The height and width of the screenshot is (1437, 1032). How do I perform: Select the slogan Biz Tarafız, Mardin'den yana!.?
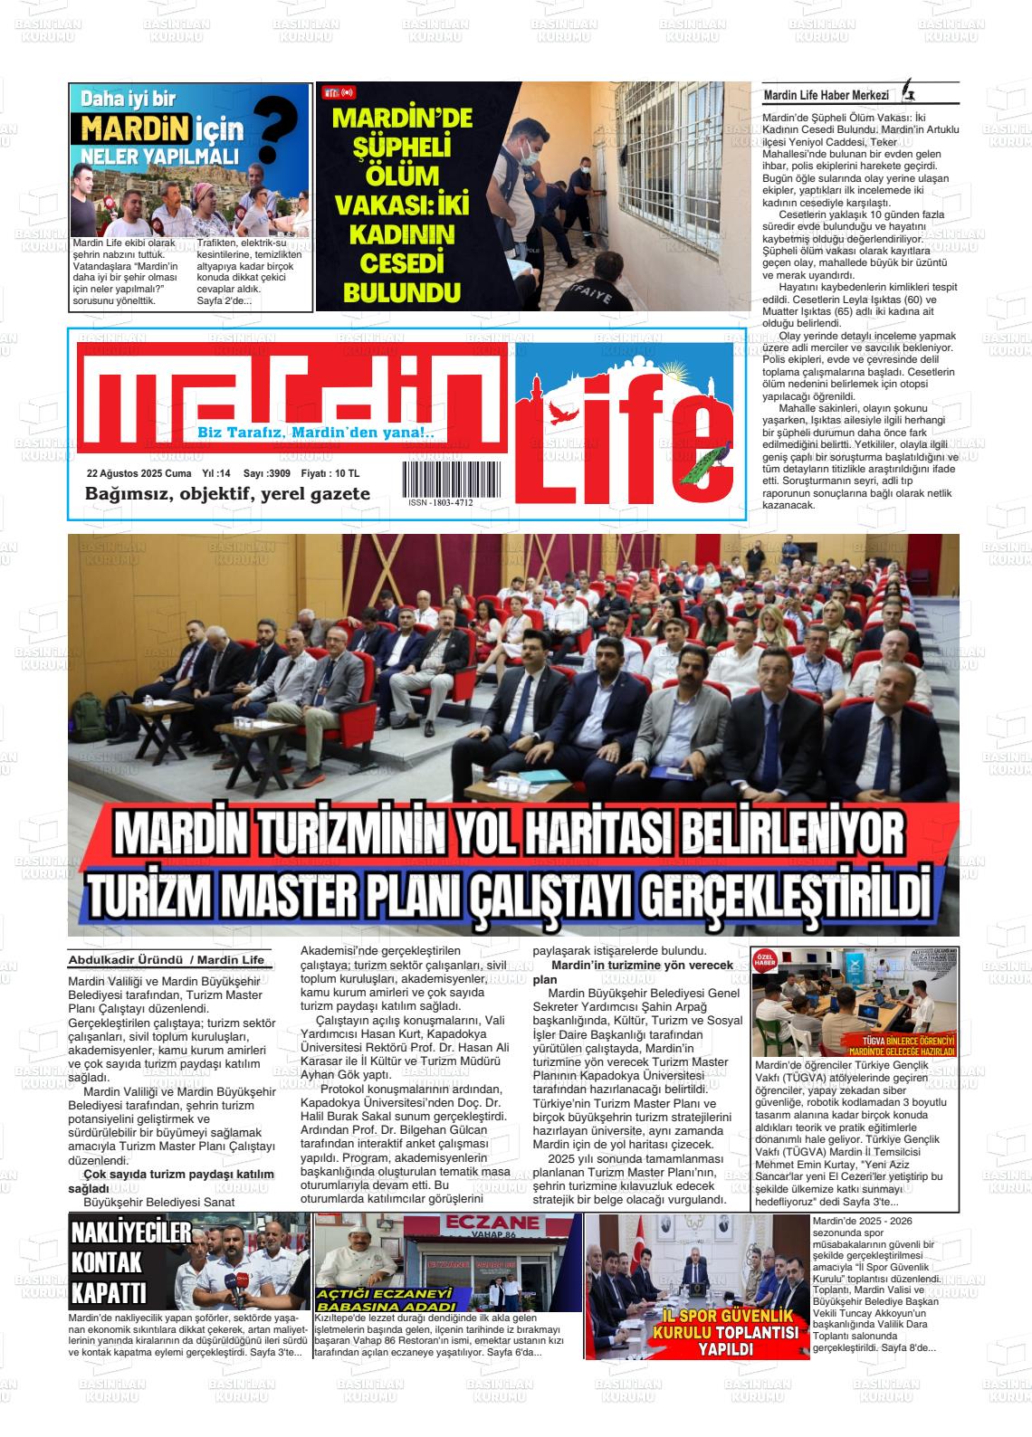click(316, 433)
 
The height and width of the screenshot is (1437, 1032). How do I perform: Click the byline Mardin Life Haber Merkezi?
click(827, 95)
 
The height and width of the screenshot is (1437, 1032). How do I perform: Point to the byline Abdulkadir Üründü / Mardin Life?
click(167, 960)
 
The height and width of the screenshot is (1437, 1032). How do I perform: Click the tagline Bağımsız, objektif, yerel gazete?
click(227, 494)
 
